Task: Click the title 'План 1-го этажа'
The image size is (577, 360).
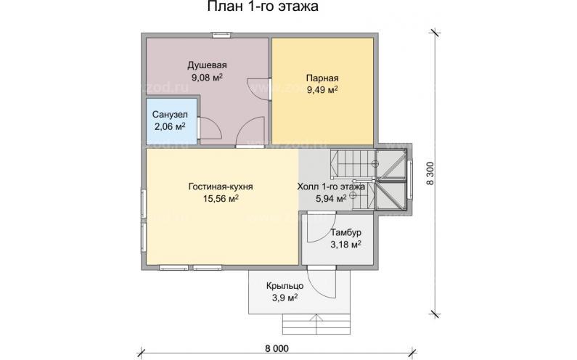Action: coord(263,7)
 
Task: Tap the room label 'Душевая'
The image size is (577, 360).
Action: coord(207,65)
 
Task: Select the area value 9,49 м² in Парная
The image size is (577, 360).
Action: coord(322,90)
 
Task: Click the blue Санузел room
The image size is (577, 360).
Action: coord(171,121)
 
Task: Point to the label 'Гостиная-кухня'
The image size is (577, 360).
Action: coord(221,187)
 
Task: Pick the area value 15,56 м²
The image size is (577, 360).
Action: coord(221,199)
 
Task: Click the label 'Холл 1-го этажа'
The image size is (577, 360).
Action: coord(331,187)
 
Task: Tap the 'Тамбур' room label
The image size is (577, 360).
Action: coord(345,233)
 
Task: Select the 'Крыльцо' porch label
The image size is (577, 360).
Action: coord(285,286)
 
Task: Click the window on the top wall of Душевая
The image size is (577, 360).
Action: coord(221,36)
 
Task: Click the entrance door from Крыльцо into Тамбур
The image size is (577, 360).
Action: coord(322,282)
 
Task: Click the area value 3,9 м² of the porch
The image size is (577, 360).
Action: coord(285,298)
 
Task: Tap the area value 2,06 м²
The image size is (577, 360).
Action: coord(169,127)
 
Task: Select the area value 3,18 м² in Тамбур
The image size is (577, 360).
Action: coord(345,245)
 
